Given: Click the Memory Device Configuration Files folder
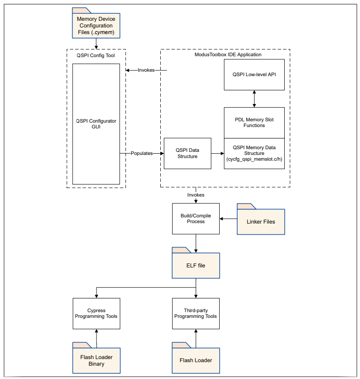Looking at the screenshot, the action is tap(96, 25).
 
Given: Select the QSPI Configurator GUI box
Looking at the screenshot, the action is tap(96, 124).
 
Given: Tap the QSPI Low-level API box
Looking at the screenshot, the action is tap(254, 75).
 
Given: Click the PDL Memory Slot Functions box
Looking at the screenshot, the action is tap(254, 123).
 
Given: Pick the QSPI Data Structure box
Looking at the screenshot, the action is tap(187, 153).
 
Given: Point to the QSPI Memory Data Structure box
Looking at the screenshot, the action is tap(254, 154).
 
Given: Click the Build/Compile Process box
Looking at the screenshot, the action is tap(196, 219).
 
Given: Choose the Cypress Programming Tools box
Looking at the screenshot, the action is tap(96, 313).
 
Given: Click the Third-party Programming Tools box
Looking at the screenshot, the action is tap(196, 313).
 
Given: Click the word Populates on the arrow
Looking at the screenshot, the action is tap(142, 153).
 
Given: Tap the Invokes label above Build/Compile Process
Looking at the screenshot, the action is tap(196, 195).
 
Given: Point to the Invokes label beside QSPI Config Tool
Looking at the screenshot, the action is tap(146, 70).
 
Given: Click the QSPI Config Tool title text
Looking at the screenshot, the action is tap(96, 55).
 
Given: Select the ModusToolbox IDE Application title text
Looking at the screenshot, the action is tap(228, 54).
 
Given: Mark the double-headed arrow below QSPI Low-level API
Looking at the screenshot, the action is tap(254, 99).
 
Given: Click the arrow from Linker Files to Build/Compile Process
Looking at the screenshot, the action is tap(228, 219).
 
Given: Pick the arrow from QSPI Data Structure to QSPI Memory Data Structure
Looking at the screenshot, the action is tap(217, 153).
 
